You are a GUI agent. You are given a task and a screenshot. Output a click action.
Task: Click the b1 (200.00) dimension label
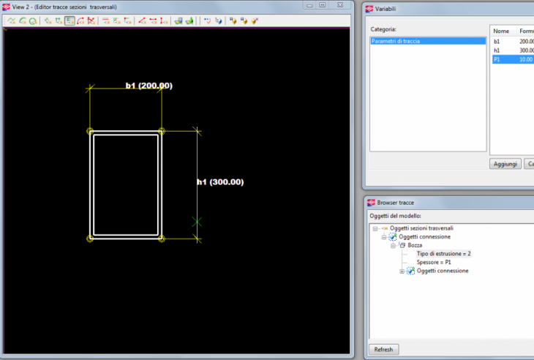pyautogui.click(x=148, y=86)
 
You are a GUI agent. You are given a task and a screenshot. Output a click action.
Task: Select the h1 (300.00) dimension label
pyautogui.click(x=220, y=182)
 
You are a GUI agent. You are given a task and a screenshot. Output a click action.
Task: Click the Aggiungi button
pyautogui.click(x=505, y=164)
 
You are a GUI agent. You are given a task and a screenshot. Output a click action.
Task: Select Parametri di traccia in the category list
pyautogui.click(x=396, y=41)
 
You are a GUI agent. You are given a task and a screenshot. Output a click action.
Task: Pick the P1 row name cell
pyautogui.click(x=497, y=59)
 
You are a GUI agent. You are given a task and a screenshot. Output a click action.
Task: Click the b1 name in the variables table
pyautogui.click(x=497, y=42)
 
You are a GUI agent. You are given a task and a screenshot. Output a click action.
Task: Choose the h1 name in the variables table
pyautogui.click(x=497, y=50)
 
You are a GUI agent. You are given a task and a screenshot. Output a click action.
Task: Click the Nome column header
pyautogui.click(x=501, y=31)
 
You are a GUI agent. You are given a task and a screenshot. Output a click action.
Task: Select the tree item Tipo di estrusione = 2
pyautogui.click(x=443, y=254)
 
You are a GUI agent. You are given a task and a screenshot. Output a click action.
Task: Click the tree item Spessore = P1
pyautogui.click(x=434, y=262)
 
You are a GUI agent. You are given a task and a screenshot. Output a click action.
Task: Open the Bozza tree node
pyautogui.click(x=415, y=245)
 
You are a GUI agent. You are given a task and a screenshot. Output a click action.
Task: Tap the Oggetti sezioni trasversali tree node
pyautogui.click(x=421, y=228)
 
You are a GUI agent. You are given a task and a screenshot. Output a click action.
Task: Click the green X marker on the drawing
pyautogui.click(x=197, y=222)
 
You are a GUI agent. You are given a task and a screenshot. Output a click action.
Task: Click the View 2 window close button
pyautogui.click(x=340, y=5)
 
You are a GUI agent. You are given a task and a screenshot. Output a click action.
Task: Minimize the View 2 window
pyautogui.click(x=309, y=5)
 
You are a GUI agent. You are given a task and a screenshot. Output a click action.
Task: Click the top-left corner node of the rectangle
pyautogui.click(x=90, y=131)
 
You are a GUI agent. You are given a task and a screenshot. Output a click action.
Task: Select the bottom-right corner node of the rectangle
pyautogui.click(x=162, y=239)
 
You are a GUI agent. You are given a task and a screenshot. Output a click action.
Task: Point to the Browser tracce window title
pyautogui.click(x=396, y=203)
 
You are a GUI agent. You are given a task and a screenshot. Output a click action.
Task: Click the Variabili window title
pyautogui.click(x=386, y=9)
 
